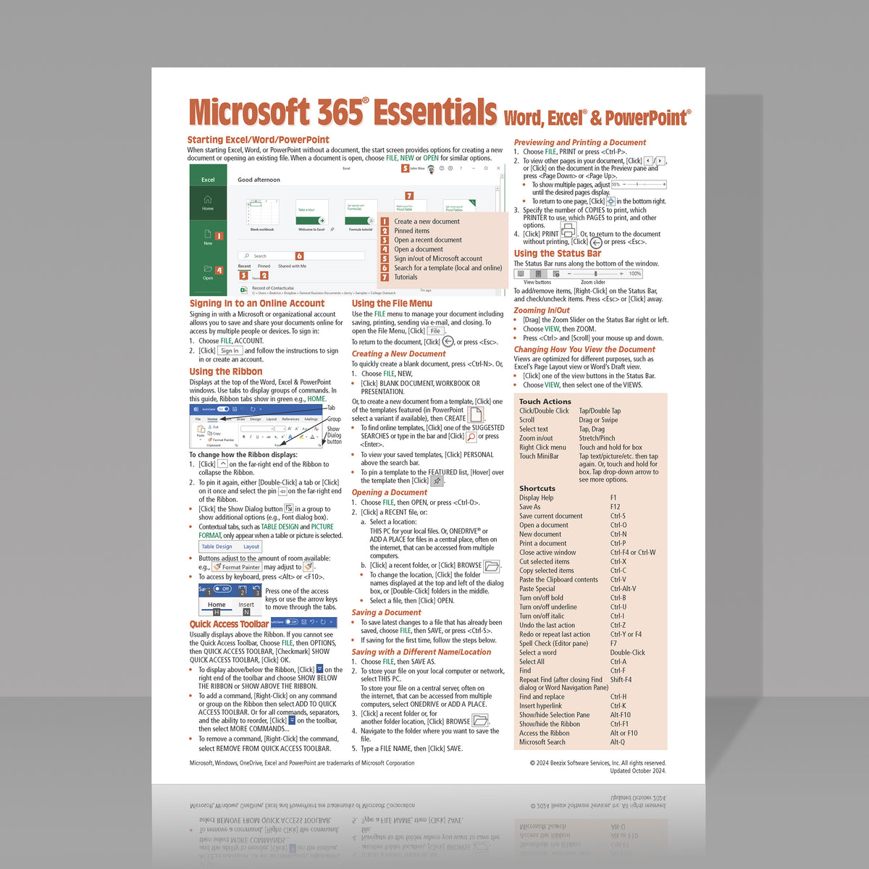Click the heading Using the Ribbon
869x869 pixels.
pos(226,371)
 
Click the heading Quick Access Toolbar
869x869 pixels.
pos(229,624)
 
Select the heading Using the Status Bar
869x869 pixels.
pos(558,253)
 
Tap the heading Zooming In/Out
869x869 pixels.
pos(542,310)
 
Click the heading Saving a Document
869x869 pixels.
pos(386,612)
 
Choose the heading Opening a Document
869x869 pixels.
pos(389,492)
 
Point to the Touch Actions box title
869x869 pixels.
pos(545,401)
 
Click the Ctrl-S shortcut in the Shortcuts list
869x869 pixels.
pos(618,516)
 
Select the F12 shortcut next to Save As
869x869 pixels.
pos(615,507)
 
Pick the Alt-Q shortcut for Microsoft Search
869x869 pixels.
pos(617,742)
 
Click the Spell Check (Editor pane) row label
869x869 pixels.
pos(553,643)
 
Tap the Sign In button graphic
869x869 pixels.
pos(230,350)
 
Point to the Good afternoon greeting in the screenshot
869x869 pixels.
pos(259,180)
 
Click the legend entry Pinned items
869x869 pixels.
pos(411,231)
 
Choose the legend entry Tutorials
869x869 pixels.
pos(406,277)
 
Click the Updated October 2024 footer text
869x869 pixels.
pos(637,771)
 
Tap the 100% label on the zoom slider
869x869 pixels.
pos(634,274)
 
